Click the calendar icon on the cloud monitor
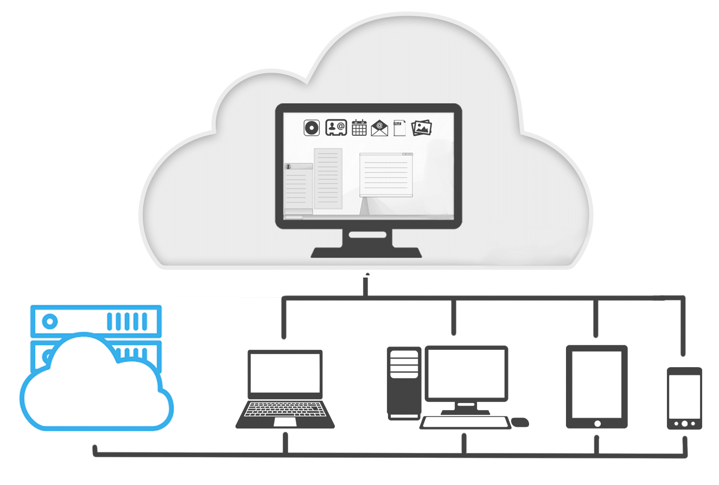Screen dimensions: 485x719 [x=359, y=128]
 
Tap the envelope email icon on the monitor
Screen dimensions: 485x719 [x=379, y=128]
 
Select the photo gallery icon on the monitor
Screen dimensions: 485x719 [x=422, y=128]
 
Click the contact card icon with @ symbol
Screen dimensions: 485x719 [x=336, y=128]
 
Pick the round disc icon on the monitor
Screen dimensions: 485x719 [x=311, y=128]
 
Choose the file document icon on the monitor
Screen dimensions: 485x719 [x=399, y=128]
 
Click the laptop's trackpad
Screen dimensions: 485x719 [x=285, y=422]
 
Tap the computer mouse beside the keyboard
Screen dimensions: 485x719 [x=520, y=422]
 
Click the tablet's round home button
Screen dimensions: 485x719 [x=597, y=423]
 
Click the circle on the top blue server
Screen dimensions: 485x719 [x=50, y=321]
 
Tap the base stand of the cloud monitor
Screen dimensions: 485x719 [x=366, y=252]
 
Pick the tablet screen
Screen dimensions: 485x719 [x=597, y=383]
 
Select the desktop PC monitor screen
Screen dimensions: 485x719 [x=466, y=373]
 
